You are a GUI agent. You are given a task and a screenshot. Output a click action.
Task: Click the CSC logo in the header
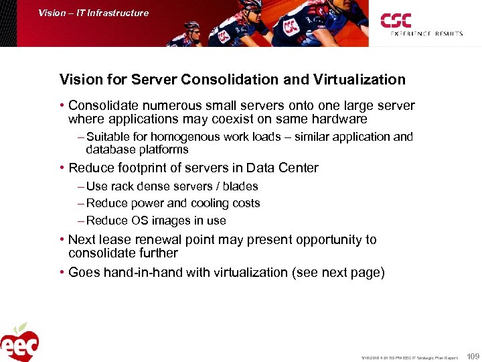(396, 20)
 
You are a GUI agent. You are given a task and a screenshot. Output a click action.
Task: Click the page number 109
(473, 356)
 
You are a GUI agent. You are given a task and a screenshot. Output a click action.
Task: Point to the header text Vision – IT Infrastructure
(93, 13)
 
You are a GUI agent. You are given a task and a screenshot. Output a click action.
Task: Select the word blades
(240, 186)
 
